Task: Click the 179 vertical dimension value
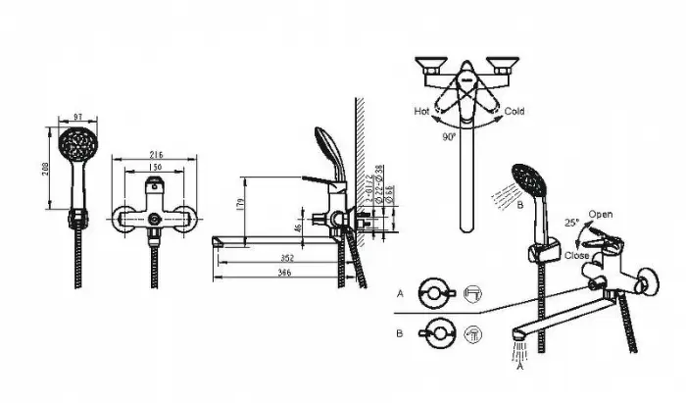pyautogui.click(x=240, y=205)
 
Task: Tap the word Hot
pyautogui.click(x=421, y=112)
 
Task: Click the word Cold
pyautogui.click(x=514, y=112)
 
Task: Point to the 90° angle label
pyautogui.click(x=449, y=138)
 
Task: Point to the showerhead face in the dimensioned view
pyautogui.click(x=75, y=147)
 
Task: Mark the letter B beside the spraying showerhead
pyautogui.click(x=521, y=207)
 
